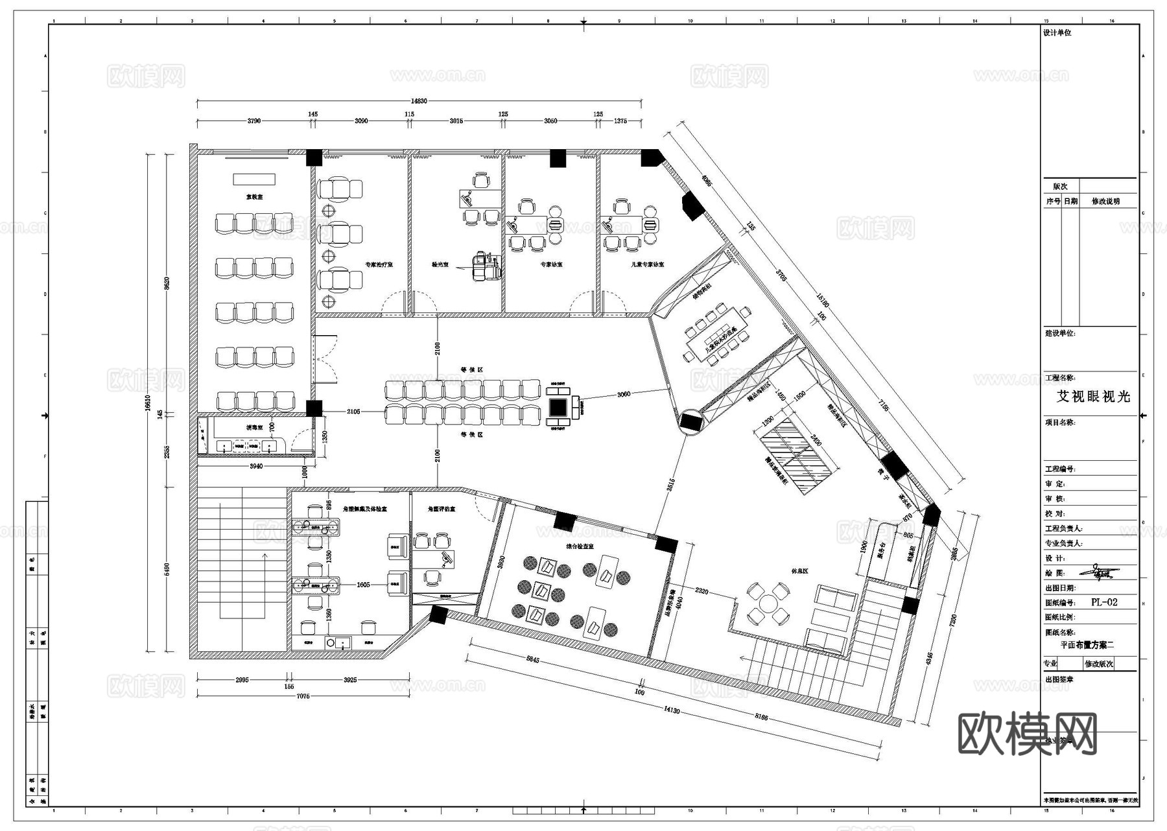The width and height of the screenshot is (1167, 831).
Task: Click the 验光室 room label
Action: [x=441, y=264]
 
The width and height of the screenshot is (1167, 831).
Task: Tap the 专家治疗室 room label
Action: [x=379, y=264]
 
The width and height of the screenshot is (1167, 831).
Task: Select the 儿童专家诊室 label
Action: [x=648, y=264]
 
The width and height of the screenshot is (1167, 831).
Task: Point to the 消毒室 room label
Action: [x=253, y=428]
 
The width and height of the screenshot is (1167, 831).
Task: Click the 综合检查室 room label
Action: [x=580, y=546]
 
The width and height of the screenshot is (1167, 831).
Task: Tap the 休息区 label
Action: [x=799, y=572]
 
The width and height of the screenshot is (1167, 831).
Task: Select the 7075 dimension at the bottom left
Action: [x=303, y=696]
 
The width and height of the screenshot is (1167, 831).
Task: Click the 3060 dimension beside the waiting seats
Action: [x=624, y=394]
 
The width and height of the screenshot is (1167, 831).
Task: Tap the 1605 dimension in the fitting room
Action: [x=363, y=585]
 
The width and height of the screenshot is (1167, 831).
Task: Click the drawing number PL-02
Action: [x=1104, y=602]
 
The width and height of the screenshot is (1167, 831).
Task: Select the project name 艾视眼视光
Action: [x=1093, y=397]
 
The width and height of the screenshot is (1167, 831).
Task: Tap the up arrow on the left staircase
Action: [x=264, y=555]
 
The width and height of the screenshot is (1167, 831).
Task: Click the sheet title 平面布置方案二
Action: [x=1087, y=645]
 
